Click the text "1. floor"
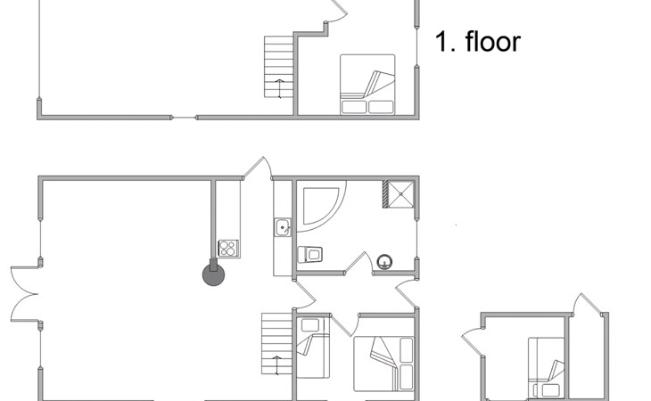[477, 42]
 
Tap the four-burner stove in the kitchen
[228, 249]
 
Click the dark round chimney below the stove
[215, 274]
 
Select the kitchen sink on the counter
[283, 228]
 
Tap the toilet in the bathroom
[309, 254]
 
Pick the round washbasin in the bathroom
[385, 261]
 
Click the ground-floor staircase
[277, 344]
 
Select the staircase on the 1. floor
[279, 67]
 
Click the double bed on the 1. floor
[367, 85]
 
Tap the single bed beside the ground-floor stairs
[313, 348]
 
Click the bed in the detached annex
[546, 366]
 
